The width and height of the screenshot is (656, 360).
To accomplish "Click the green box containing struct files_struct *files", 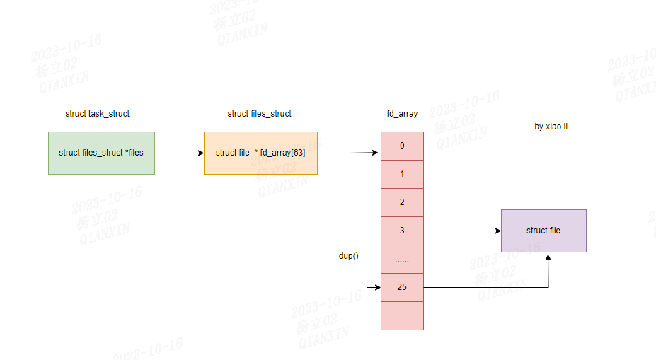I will pyautogui.click(x=101, y=153).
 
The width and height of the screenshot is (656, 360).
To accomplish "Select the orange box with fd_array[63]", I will pyautogui.click(x=260, y=153).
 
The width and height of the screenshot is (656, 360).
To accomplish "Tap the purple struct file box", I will pyautogui.click(x=543, y=231).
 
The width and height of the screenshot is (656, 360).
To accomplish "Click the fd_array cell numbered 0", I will pyautogui.click(x=402, y=146).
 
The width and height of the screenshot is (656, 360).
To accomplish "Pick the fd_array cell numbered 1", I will pyautogui.click(x=402, y=174).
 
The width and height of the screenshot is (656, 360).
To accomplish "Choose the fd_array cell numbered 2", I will pyautogui.click(x=402, y=202).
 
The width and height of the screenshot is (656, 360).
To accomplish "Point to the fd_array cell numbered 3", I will pyautogui.click(x=402, y=231).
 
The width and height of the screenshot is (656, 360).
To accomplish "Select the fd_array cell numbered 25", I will pyautogui.click(x=402, y=287).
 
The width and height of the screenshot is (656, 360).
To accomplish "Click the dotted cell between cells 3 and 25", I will pyautogui.click(x=402, y=259).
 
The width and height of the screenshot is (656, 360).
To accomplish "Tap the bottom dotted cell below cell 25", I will pyautogui.click(x=402, y=315).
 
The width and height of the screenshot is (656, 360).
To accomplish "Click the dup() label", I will pyautogui.click(x=348, y=255).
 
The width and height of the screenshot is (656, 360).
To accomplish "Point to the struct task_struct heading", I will pyautogui.click(x=97, y=114).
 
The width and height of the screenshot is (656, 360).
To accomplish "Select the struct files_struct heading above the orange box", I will pyautogui.click(x=259, y=114).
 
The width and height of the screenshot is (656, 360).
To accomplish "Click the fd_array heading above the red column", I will pyautogui.click(x=402, y=114).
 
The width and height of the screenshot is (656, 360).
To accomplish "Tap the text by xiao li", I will pyautogui.click(x=551, y=127).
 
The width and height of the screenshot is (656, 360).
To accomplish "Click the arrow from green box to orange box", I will pyautogui.click(x=179, y=153).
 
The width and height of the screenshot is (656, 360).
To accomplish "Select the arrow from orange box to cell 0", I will pyautogui.click(x=348, y=153).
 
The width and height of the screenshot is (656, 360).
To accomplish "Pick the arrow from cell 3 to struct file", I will pyautogui.click(x=461, y=231).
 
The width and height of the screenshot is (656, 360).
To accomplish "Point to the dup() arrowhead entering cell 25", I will pyautogui.click(x=376, y=287).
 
